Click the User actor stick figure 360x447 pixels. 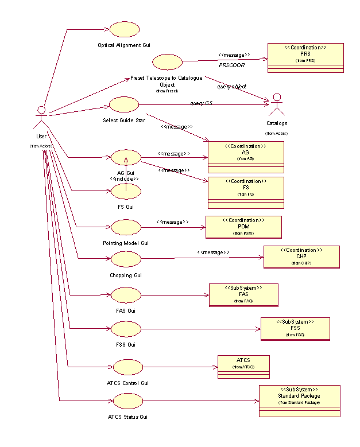(41, 117)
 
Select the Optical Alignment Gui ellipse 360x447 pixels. (125, 29)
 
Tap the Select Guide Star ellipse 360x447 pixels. (124, 104)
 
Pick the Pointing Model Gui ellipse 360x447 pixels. (126, 227)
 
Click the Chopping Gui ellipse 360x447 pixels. (126, 259)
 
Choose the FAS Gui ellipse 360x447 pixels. (126, 295)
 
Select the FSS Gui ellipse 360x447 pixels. (126, 329)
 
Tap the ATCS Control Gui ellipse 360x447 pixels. (128, 367)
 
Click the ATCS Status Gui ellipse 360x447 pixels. (128, 401)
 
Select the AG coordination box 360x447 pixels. (246, 157)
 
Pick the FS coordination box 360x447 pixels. (246, 192)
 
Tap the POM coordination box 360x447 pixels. (244, 226)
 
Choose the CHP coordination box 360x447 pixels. (301, 257)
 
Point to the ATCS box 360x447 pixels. (243, 366)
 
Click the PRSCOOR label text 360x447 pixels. (231, 65)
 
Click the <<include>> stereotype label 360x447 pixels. (124, 178)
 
